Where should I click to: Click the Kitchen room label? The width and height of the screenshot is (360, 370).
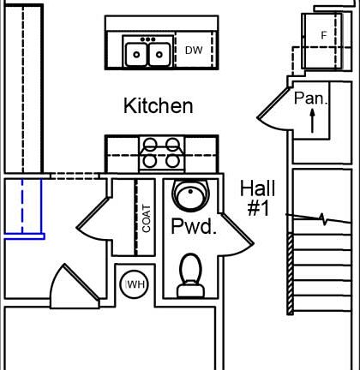pyautogui.click(x=158, y=106)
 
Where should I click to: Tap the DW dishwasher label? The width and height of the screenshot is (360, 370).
pyautogui.click(x=194, y=51)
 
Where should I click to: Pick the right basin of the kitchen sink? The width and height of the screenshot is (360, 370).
pyautogui.click(x=159, y=55)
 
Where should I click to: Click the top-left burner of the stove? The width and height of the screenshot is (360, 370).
pyautogui.click(x=149, y=145)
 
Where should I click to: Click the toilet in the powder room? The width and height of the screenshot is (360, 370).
pyautogui.click(x=190, y=277)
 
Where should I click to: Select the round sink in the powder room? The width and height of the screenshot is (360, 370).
pyautogui.click(x=187, y=197)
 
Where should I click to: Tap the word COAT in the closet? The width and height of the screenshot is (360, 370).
pyautogui.click(x=147, y=218)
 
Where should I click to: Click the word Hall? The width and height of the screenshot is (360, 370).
pyautogui.click(x=257, y=188)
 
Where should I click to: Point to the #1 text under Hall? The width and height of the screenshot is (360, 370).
pyautogui.click(x=257, y=208)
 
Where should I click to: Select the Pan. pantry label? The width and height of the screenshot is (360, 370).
pyautogui.click(x=310, y=98)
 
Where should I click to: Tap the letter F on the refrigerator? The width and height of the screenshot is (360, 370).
pyautogui.click(x=323, y=35)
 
